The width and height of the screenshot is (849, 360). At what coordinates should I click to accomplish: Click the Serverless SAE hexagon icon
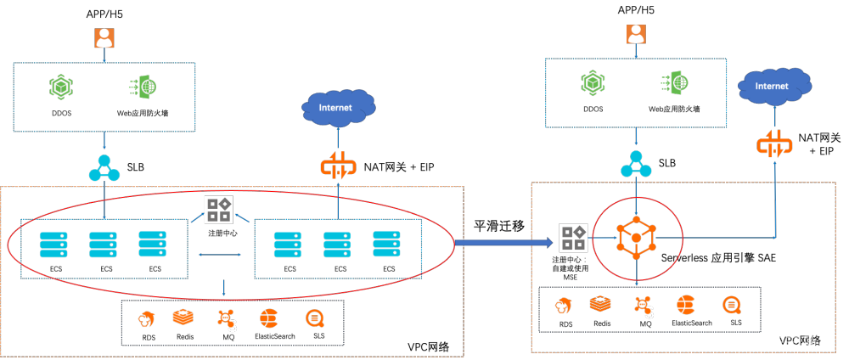[x=637, y=238]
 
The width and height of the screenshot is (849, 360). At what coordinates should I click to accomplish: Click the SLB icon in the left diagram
[x=104, y=168]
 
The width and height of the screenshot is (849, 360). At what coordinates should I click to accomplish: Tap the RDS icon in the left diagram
[x=149, y=320]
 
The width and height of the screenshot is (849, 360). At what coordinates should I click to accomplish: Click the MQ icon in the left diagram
[x=227, y=319]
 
